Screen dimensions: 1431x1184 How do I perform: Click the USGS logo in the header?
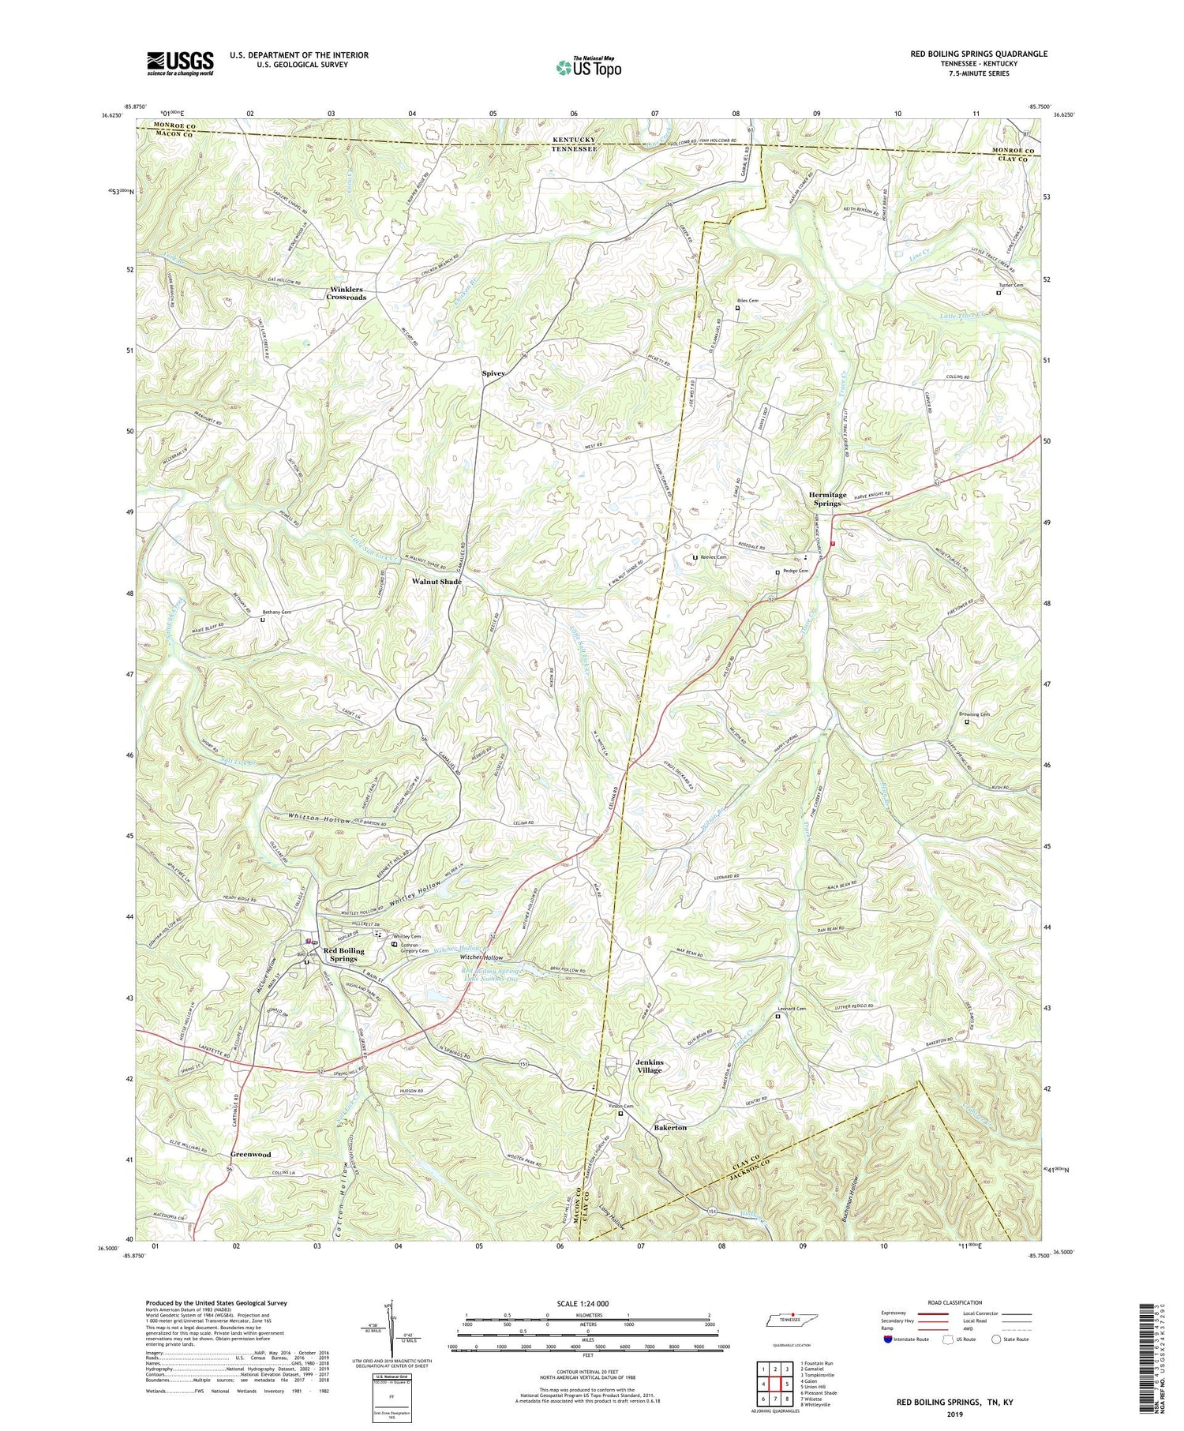[180, 63]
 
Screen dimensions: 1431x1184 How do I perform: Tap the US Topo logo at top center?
[588, 67]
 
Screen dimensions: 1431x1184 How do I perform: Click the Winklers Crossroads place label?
[347, 294]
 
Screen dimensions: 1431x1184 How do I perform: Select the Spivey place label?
[494, 373]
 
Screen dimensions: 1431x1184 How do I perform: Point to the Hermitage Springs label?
[827, 499]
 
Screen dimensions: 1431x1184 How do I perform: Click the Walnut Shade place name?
[437, 582]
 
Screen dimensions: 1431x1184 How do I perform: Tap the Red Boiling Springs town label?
[344, 954]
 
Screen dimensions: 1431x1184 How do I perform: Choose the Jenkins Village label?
[650, 1066]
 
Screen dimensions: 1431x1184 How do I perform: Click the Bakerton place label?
[670, 1128]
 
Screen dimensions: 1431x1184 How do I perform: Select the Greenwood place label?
[251, 1154]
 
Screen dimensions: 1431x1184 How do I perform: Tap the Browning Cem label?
[976, 714]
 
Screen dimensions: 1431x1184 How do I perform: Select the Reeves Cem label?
[713, 557]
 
